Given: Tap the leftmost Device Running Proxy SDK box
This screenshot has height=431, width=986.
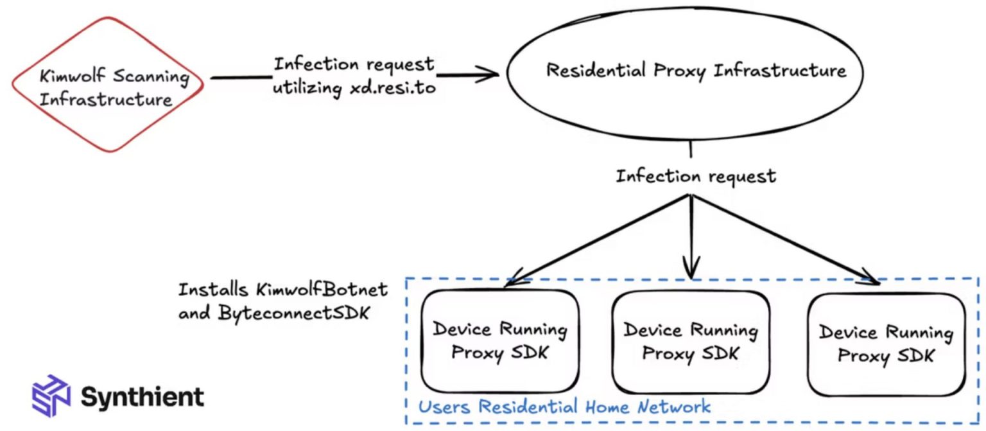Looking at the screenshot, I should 499,341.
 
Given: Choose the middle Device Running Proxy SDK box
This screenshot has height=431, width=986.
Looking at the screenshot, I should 690,342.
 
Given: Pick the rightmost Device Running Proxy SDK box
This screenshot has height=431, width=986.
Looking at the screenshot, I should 886,344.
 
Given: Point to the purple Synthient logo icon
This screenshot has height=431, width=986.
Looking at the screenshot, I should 51,394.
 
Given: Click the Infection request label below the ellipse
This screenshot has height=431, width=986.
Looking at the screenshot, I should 696,176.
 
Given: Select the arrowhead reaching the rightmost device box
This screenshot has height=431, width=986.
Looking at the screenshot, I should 870,277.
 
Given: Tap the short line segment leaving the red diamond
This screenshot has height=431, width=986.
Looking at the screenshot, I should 238,77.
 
